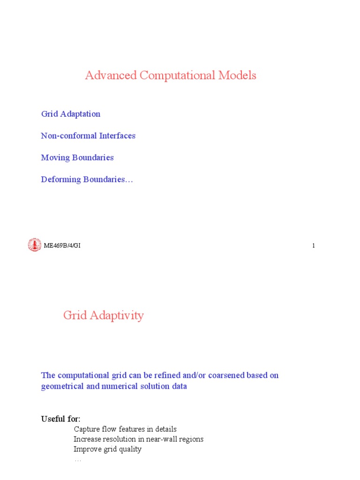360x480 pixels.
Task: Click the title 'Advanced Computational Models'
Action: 171,75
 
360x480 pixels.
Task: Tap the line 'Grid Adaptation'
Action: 71,114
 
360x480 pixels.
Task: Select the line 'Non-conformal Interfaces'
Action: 88,136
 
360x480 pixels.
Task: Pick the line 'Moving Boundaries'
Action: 77,157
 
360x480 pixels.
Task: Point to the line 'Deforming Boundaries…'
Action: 87,180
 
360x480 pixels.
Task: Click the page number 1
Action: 313,246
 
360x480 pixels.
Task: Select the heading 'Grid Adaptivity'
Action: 104,315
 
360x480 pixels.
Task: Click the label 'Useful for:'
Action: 60,419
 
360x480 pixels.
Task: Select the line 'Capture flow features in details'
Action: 125,429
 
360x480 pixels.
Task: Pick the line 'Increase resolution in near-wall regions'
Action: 138,439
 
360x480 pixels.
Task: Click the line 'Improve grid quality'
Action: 107,449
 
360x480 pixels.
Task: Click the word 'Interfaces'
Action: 117,136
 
